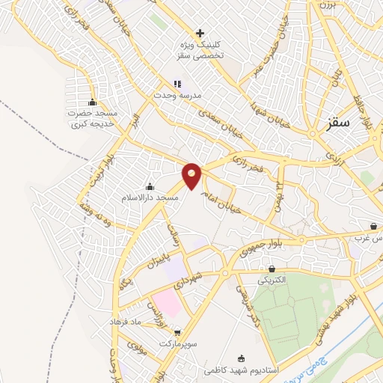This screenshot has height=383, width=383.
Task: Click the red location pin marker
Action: (192, 176)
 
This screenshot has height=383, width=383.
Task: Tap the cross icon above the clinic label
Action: (200, 33)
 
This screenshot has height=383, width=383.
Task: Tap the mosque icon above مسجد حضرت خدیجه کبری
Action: (93, 103)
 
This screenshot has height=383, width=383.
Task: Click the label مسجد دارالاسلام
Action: (150, 198)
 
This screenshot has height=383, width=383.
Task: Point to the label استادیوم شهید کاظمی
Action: (240, 370)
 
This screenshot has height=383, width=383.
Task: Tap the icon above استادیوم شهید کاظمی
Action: (240, 358)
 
